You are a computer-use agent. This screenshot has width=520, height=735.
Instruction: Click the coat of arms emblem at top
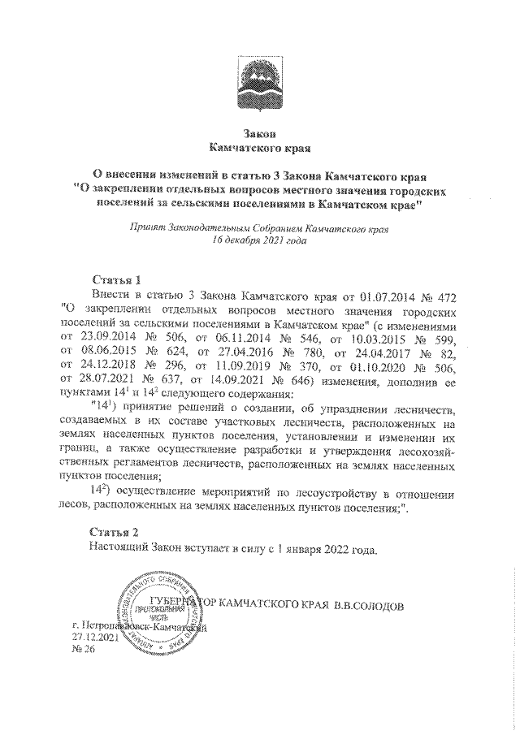(x=260, y=82)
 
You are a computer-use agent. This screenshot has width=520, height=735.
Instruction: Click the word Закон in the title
(x=260, y=133)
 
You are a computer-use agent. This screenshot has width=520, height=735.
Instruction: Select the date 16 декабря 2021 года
(x=259, y=241)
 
